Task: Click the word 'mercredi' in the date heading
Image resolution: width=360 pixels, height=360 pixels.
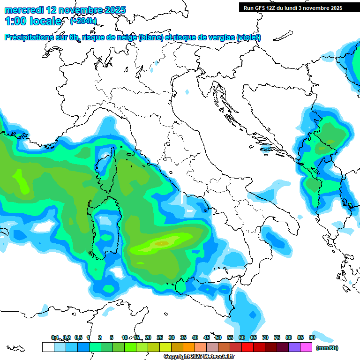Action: pyautogui.click(x=23, y=10)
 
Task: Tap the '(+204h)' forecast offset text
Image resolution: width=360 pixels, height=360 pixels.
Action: pyautogui.click(x=83, y=21)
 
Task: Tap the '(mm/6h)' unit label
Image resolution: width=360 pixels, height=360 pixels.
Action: pyautogui.click(x=327, y=348)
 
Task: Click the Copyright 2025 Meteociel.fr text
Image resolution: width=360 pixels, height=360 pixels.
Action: pyautogui.click(x=199, y=357)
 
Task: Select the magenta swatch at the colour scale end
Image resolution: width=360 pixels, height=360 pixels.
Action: pyautogui.click(x=306, y=347)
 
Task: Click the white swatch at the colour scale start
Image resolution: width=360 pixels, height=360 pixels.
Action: pyautogui.click(x=48, y=347)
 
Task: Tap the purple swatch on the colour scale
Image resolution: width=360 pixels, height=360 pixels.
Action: pyautogui.click(x=294, y=347)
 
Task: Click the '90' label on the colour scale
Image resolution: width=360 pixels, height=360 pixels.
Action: pyautogui.click(x=312, y=337)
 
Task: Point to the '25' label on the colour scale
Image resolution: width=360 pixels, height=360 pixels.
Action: pyautogui.click(x=159, y=337)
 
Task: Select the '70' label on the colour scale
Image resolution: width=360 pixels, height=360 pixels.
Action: pyautogui.click(x=265, y=337)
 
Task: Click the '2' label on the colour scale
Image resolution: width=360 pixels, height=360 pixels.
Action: pyautogui.click(x=100, y=337)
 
